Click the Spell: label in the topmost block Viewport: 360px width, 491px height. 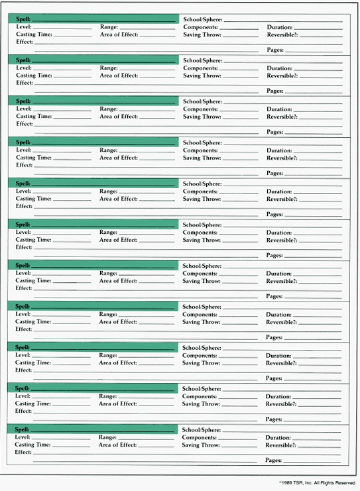click(x=23, y=19)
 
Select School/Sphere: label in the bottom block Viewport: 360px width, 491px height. click(x=202, y=430)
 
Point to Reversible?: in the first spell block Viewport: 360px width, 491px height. click(x=282, y=34)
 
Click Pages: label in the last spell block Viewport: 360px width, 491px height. click(x=273, y=460)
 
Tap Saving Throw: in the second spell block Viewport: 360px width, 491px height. click(x=202, y=76)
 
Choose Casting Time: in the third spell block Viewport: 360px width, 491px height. click(x=34, y=117)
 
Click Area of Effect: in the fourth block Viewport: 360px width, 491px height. click(x=119, y=158)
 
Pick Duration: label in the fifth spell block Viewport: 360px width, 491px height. click(x=279, y=191)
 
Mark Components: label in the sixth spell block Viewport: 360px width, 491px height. click(x=200, y=233)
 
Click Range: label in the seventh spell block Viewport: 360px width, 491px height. click(x=108, y=274)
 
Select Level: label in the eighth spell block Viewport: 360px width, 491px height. click(x=23, y=315)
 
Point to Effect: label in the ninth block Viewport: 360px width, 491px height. click(x=24, y=370)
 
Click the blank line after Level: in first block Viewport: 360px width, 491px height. click(x=62, y=28)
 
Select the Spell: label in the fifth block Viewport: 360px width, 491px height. click(x=23, y=184)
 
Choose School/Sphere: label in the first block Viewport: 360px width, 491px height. click(x=202, y=20)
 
